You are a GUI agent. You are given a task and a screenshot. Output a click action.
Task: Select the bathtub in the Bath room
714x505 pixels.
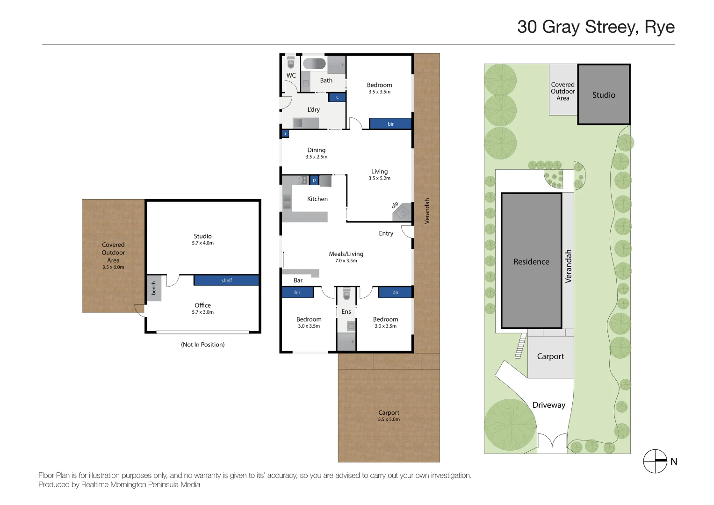[x=314, y=63]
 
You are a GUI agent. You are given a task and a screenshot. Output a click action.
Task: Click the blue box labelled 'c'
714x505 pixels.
[x=337, y=97]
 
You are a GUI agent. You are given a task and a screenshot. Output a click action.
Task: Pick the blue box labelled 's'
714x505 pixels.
[x=285, y=133]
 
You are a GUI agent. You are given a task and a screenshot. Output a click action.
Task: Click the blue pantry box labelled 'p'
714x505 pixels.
[x=314, y=180]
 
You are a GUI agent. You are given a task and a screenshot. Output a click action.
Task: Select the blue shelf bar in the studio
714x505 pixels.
[x=226, y=281]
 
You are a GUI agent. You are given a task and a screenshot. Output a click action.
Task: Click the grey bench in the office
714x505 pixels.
[x=154, y=288]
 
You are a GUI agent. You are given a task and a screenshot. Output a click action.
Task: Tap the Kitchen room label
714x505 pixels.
[x=317, y=199]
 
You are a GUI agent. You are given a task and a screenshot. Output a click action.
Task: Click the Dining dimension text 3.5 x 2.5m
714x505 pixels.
[x=317, y=157]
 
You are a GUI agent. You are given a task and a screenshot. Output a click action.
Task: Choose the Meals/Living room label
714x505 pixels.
[x=346, y=254]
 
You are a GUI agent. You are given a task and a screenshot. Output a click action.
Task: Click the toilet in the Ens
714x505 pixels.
[x=346, y=295]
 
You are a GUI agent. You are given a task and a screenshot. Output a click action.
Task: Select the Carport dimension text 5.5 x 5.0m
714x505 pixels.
[x=389, y=419]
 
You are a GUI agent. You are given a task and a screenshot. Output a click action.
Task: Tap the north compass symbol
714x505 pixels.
[x=655, y=461]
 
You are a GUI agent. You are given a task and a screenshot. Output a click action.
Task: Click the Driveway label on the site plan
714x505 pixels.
[x=549, y=405]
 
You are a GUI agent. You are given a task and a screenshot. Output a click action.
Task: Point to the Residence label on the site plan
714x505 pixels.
[x=531, y=262]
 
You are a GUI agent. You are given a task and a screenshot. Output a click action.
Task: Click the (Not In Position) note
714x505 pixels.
[x=202, y=345]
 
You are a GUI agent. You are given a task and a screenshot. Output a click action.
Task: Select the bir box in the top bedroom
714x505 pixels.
[x=390, y=124]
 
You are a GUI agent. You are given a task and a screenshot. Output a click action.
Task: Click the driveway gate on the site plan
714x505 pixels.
[x=552, y=441]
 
